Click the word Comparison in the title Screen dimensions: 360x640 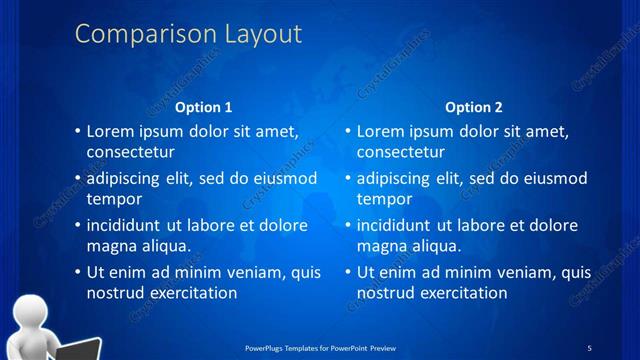pos(138,34)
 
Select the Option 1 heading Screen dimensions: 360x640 pos(204,107)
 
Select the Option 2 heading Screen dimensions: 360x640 pos(474,107)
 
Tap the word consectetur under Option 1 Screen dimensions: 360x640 pos(131,153)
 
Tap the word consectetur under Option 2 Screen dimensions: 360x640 pos(401,153)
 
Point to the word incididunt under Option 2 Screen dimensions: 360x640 pos(396,225)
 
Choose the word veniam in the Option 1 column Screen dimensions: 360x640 pos(235,272)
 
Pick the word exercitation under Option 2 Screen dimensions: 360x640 pos(461,293)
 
